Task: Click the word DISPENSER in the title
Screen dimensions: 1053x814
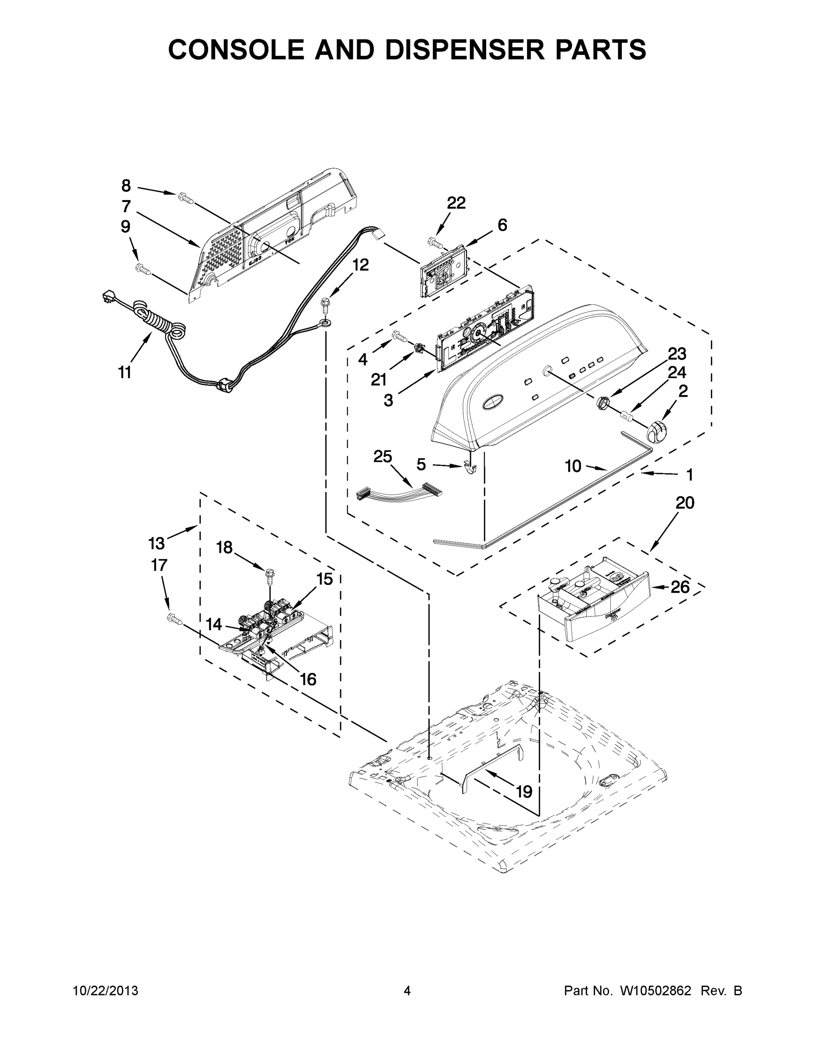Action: tap(463, 50)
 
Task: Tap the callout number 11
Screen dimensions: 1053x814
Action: tap(125, 372)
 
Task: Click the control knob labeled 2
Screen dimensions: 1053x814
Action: tap(656, 430)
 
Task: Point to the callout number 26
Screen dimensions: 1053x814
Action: tap(680, 587)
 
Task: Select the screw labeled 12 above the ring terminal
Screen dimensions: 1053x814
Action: tap(326, 303)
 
